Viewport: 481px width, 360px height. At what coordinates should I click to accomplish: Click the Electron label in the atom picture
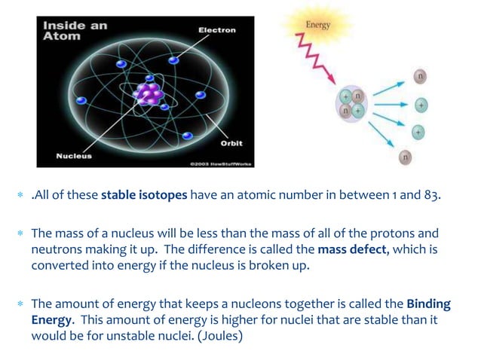point(216,30)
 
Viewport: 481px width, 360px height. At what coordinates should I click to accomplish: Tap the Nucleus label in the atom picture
point(74,157)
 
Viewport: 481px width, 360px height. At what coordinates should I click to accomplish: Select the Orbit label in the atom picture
point(231,142)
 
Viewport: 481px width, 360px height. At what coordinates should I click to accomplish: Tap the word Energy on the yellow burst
point(317,25)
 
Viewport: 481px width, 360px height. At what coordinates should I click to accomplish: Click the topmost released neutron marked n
point(420,75)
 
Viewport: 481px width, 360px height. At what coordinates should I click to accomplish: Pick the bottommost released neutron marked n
point(406,157)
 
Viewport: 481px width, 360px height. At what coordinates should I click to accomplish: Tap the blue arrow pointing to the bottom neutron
point(384,135)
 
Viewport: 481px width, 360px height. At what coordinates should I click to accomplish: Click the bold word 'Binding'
point(428,304)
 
